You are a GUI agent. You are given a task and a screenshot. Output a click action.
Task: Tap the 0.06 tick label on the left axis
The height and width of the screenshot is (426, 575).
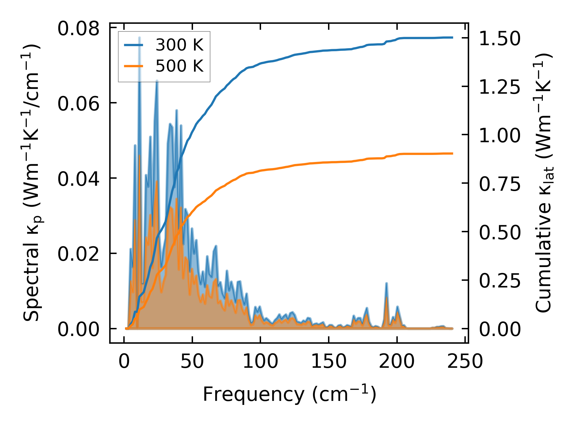[78, 103]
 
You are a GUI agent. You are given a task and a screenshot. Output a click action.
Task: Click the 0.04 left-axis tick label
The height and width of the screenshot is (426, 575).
[78, 179]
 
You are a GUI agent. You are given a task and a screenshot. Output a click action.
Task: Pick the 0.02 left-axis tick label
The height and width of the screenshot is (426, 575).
[78, 254]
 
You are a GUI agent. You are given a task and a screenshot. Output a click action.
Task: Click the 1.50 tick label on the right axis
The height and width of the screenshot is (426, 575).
[500, 38]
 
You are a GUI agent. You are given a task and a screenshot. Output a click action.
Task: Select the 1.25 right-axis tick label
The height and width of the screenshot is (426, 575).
[500, 87]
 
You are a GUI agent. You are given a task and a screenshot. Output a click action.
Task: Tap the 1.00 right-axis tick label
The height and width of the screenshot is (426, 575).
[500, 136]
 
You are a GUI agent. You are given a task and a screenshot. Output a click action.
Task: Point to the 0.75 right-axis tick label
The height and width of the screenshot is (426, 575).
[500, 184]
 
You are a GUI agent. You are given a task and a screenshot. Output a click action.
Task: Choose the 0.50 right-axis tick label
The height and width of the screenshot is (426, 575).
[500, 232]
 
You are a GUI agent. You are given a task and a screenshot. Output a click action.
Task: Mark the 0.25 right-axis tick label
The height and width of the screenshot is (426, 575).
[500, 281]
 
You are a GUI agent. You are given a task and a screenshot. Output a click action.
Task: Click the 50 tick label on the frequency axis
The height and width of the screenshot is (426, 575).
[192, 361]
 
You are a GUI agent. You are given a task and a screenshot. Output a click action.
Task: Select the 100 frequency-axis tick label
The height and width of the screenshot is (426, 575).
[260, 361]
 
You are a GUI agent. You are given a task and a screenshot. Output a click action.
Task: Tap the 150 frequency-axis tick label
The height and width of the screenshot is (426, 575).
[329, 361]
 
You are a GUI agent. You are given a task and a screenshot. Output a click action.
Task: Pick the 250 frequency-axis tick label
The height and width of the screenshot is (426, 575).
[465, 361]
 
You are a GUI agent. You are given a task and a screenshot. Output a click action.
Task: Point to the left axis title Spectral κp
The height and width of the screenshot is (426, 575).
[32, 182]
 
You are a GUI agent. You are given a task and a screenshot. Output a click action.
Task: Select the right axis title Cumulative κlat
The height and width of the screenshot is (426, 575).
[543, 182]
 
